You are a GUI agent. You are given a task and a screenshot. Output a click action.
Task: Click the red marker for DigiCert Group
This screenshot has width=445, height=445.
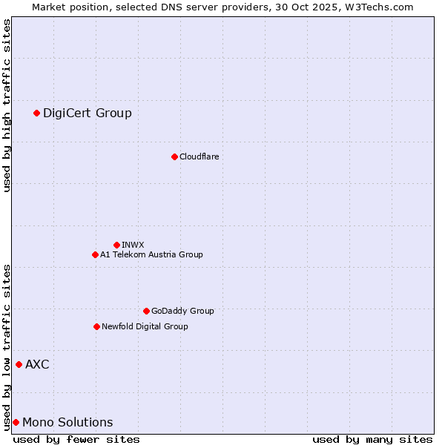click(x=36, y=113)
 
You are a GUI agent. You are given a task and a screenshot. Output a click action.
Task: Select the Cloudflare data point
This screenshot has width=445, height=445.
click(x=174, y=156)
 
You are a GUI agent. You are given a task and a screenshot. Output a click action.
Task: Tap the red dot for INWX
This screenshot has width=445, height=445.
click(x=116, y=245)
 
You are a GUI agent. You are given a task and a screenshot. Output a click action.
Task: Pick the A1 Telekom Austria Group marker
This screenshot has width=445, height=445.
click(x=95, y=254)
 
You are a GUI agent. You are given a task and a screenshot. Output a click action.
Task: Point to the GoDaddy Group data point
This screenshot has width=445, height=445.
click(x=146, y=311)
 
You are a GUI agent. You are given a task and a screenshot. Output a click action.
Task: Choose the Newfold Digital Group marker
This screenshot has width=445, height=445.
click(x=96, y=326)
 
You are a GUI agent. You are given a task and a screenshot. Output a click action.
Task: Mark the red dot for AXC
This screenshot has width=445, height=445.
click(x=19, y=364)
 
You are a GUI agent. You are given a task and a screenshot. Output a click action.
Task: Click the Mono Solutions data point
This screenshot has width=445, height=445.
click(x=16, y=422)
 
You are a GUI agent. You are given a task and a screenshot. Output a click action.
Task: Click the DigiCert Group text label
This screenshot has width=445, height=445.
click(x=88, y=113)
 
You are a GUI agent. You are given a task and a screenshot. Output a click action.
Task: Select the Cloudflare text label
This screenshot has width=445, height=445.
click(x=200, y=156)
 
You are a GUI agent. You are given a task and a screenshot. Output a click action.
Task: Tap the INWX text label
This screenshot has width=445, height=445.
click(x=133, y=245)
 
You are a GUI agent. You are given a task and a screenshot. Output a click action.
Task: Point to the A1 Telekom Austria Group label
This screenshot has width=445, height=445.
click(x=152, y=254)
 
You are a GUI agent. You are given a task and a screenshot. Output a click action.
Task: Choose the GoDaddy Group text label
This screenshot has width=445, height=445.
click(x=182, y=311)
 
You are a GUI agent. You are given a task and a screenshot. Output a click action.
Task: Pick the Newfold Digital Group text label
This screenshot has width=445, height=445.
click(x=145, y=326)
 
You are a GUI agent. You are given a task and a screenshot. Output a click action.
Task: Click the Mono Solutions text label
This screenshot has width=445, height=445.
click(x=67, y=422)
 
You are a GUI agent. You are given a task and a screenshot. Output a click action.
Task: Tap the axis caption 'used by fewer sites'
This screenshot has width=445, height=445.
click(x=76, y=439)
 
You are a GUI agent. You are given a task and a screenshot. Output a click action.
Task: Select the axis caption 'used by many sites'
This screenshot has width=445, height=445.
click(x=372, y=439)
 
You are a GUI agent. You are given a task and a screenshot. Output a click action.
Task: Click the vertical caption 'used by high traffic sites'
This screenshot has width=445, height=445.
click(x=7, y=105)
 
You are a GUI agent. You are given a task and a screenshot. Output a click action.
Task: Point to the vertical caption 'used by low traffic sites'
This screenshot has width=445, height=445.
click(x=7, y=346)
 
